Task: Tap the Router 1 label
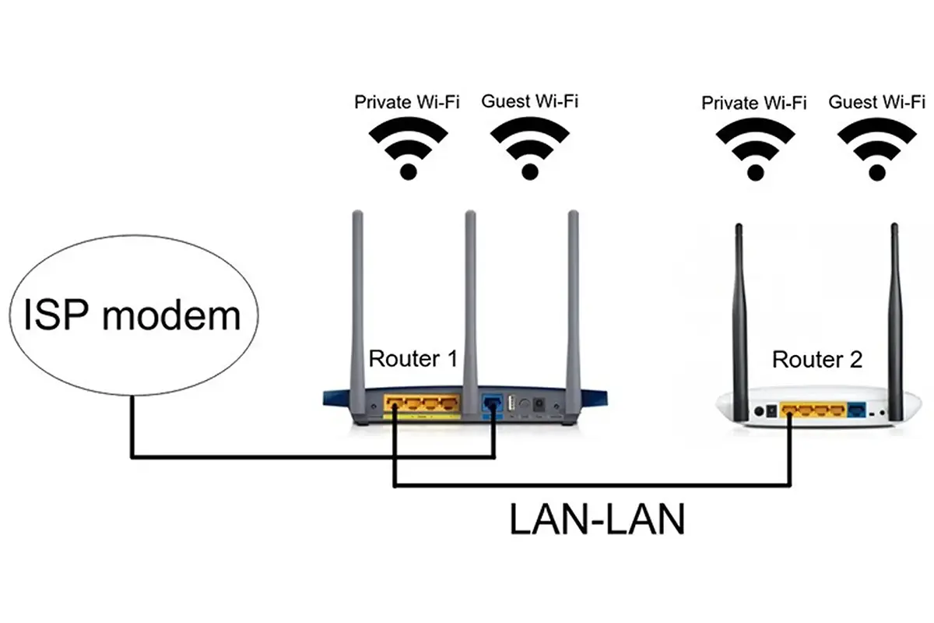coord(413,359)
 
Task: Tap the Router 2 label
coord(816,360)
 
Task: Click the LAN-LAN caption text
coord(597,519)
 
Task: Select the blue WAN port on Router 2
coord(856,410)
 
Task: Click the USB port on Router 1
coord(511,404)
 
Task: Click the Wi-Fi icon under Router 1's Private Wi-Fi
coord(407,147)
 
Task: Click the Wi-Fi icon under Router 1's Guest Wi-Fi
coord(529,147)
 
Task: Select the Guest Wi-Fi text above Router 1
coord(529,101)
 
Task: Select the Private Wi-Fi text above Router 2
coord(753,103)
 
